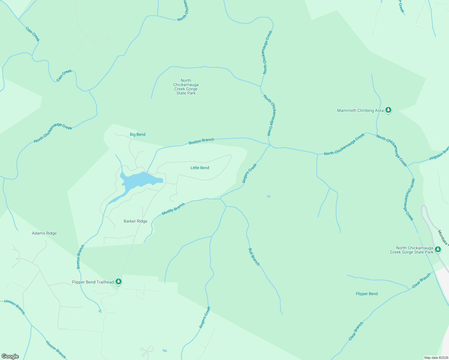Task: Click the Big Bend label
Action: (x=137, y=134)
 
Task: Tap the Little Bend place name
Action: (x=200, y=168)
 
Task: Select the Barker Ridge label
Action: (x=135, y=221)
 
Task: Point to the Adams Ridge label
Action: (x=44, y=233)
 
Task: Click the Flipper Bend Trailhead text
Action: (x=93, y=282)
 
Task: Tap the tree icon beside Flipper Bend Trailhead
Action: (x=119, y=281)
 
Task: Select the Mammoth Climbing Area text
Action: (x=360, y=110)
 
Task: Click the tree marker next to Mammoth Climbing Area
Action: (x=388, y=110)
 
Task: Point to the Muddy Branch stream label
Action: (x=173, y=209)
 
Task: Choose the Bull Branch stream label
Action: (x=254, y=257)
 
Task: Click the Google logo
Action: (x=10, y=356)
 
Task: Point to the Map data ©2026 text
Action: (x=436, y=358)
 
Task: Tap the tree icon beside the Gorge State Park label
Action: (x=438, y=249)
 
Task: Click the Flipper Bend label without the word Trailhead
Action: (x=366, y=294)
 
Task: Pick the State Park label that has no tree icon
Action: (x=186, y=87)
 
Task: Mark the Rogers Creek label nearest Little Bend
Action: (x=249, y=173)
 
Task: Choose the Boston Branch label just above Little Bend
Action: (x=201, y=141)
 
